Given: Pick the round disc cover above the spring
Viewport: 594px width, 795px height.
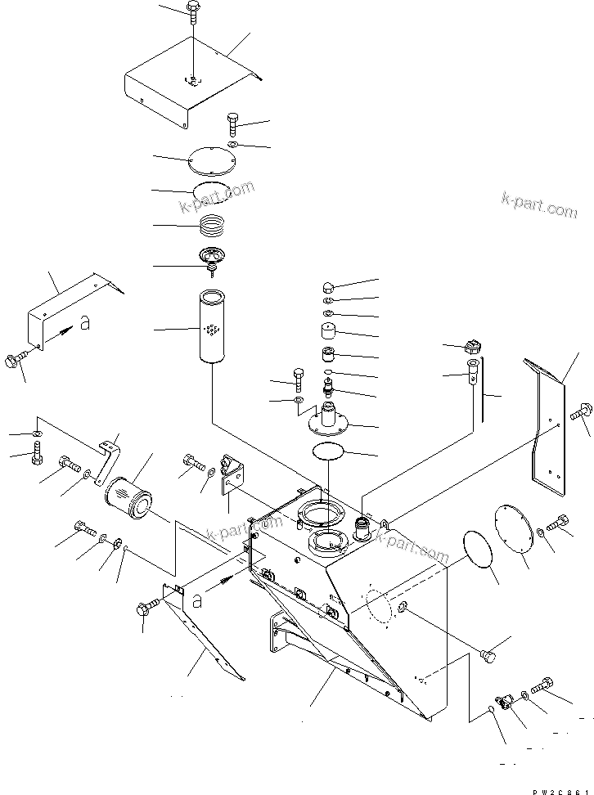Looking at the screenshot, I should tap(210, 160).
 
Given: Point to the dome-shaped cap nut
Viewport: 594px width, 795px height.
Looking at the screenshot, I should tap(326, 287).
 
